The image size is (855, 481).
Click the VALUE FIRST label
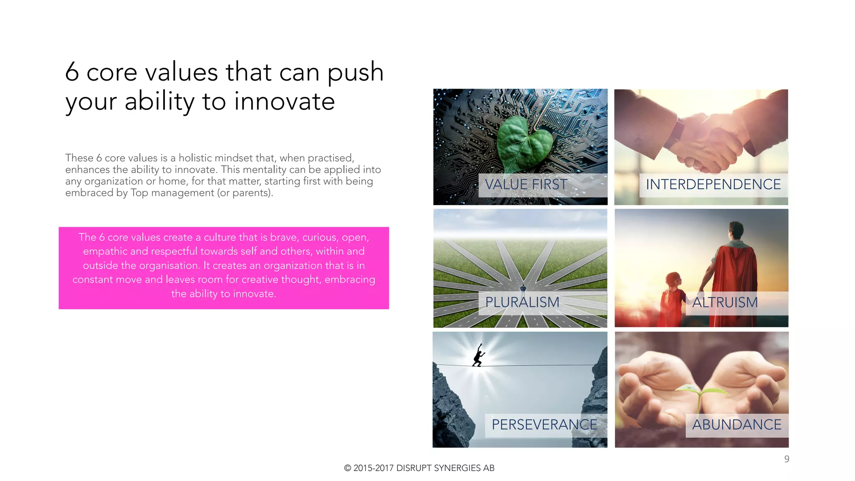coord(526,185)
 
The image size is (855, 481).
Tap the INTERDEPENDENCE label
coord(713,185)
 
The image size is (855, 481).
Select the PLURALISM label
coord(522,302)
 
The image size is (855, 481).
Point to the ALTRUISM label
coord(725,302)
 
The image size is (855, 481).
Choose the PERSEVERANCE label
coord(544,425)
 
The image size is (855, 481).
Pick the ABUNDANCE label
coord(736,425)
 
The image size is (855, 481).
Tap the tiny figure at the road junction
coord(523,288)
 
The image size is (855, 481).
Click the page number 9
coord(787,459)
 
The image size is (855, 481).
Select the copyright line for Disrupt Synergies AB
coord(419,468)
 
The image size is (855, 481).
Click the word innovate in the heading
coord(284,101)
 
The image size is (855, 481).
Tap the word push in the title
coord(355,72)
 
